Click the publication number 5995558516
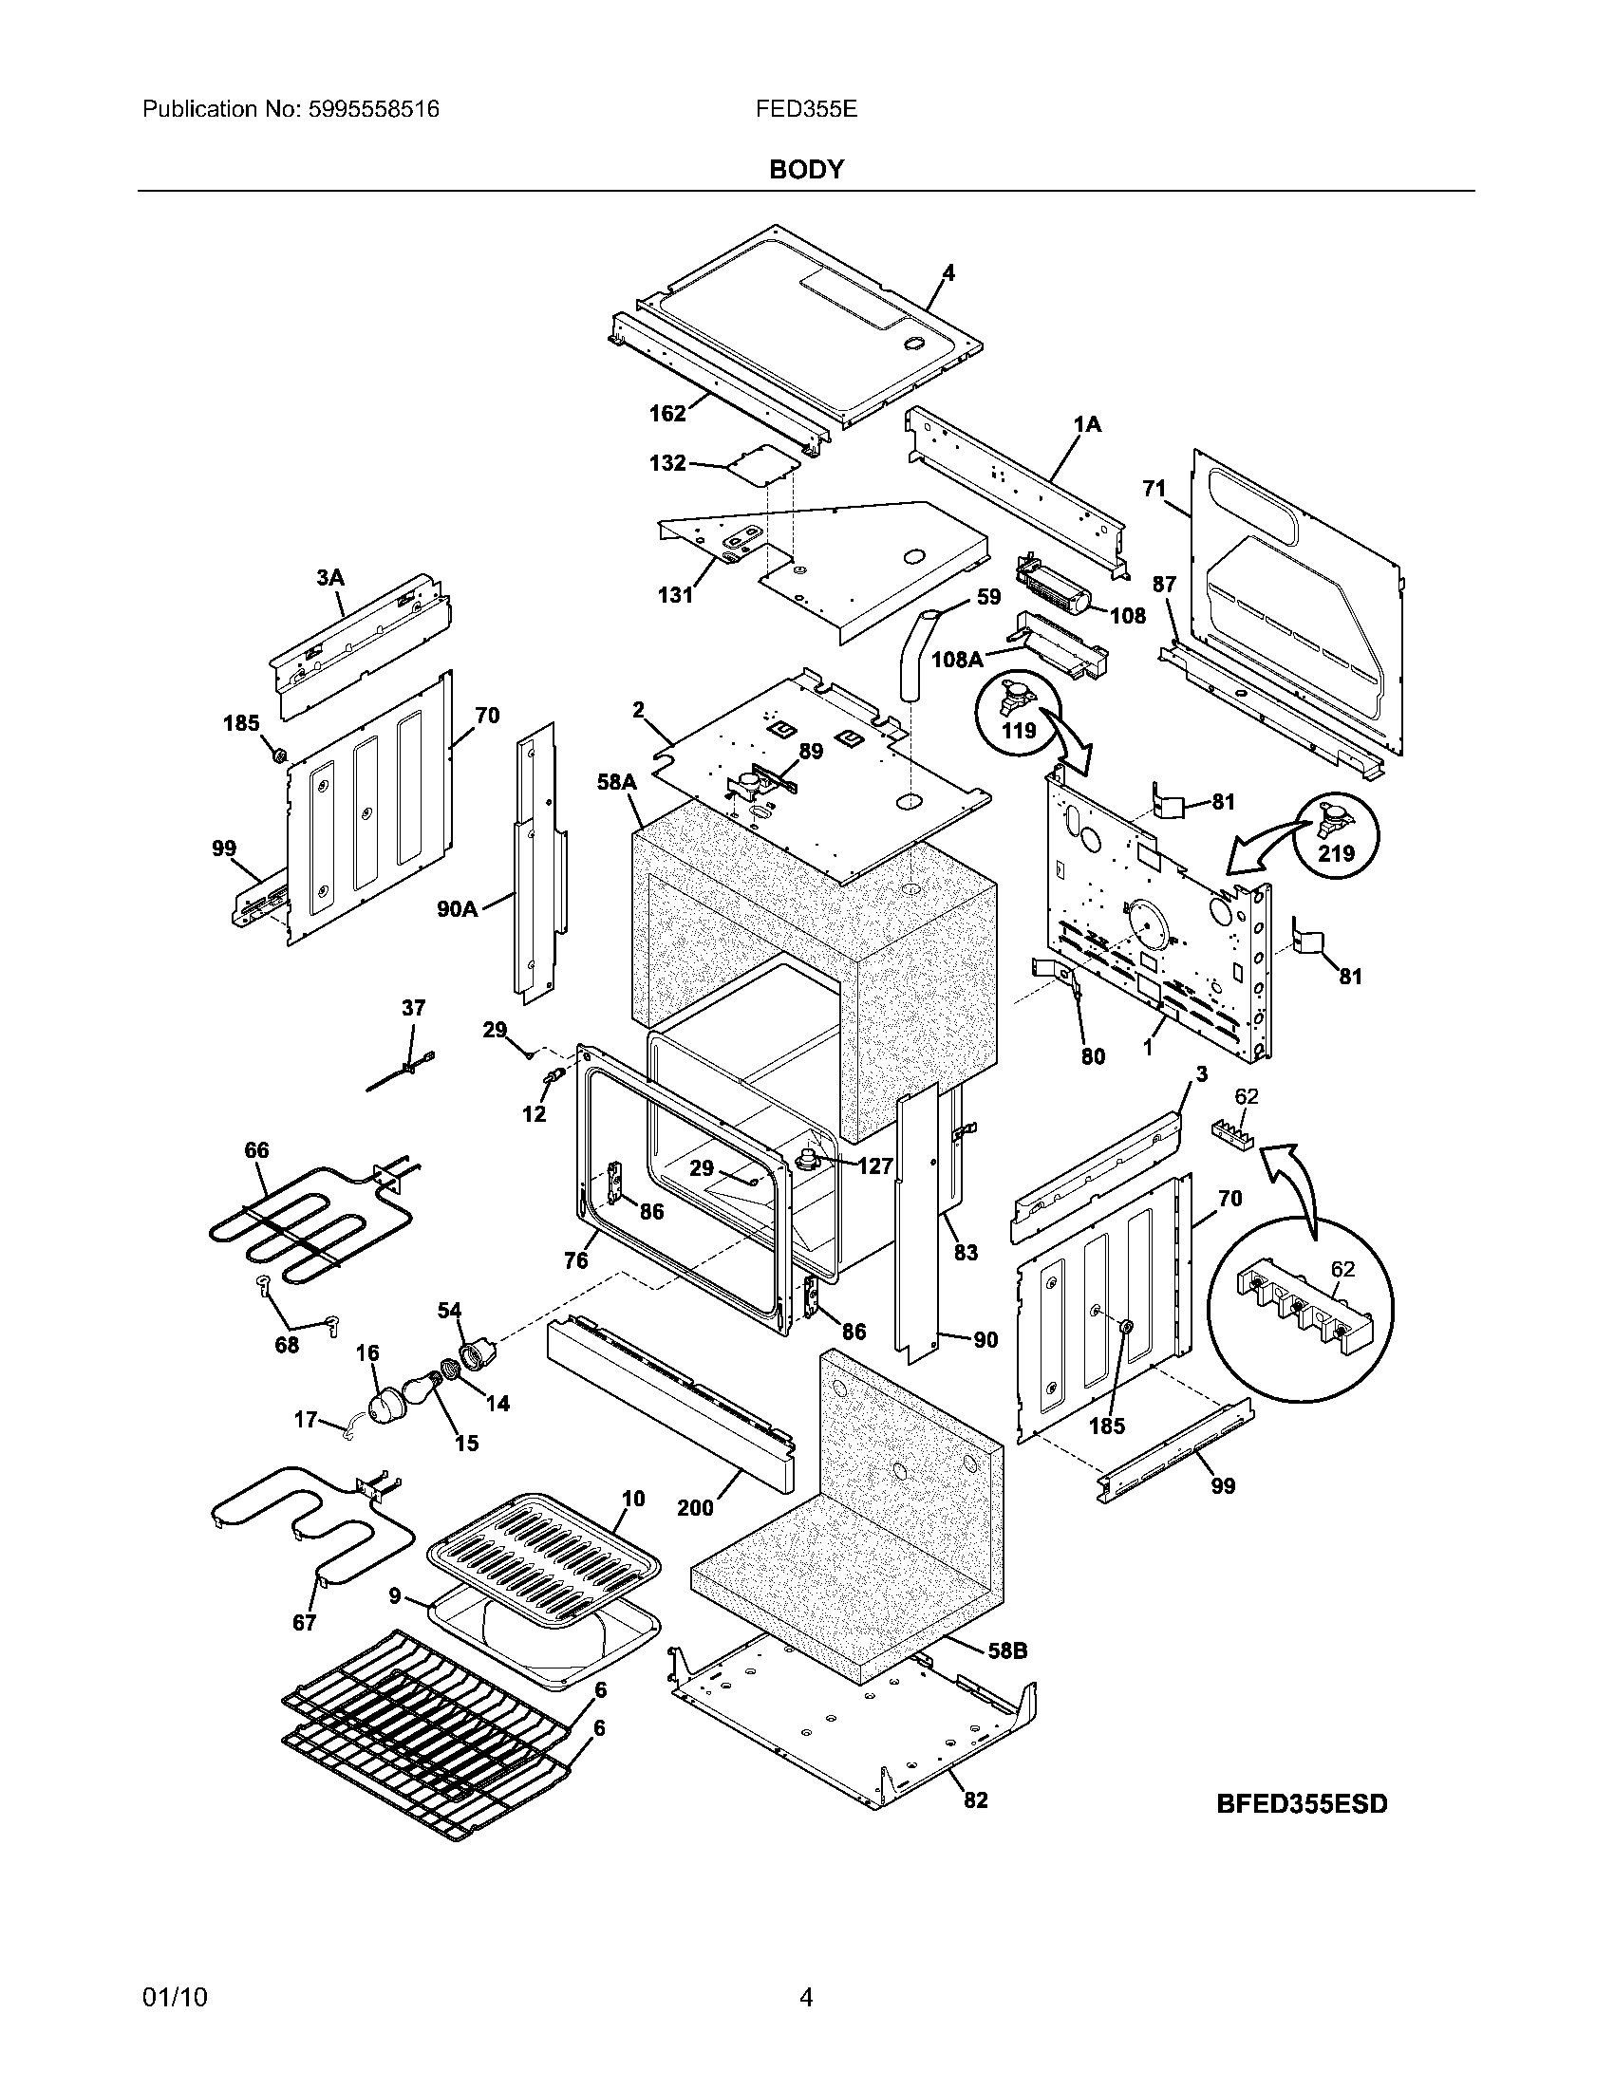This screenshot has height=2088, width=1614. click(374, 109)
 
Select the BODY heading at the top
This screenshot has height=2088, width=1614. click(806, 170)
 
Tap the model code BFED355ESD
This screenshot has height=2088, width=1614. click(1302, 1804)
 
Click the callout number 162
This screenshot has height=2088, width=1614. click(667, 413)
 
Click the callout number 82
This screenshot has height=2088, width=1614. click(974, 1800)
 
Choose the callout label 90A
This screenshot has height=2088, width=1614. click(457, 909)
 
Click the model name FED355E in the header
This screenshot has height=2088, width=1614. click(806, 109)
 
